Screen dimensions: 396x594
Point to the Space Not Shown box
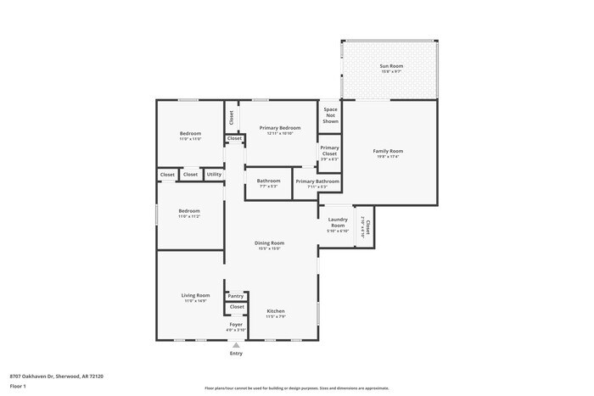coord(330,116)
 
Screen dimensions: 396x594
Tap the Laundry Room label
coord(338,224)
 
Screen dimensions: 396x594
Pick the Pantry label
coord(236,296)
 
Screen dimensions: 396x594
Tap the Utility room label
coord(214,175)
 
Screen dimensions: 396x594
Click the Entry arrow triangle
coord(236,345)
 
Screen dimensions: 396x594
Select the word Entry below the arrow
coord(236,354)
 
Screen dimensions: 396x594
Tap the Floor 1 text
coord(18,386)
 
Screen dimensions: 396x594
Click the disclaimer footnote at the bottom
coord(296,386)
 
